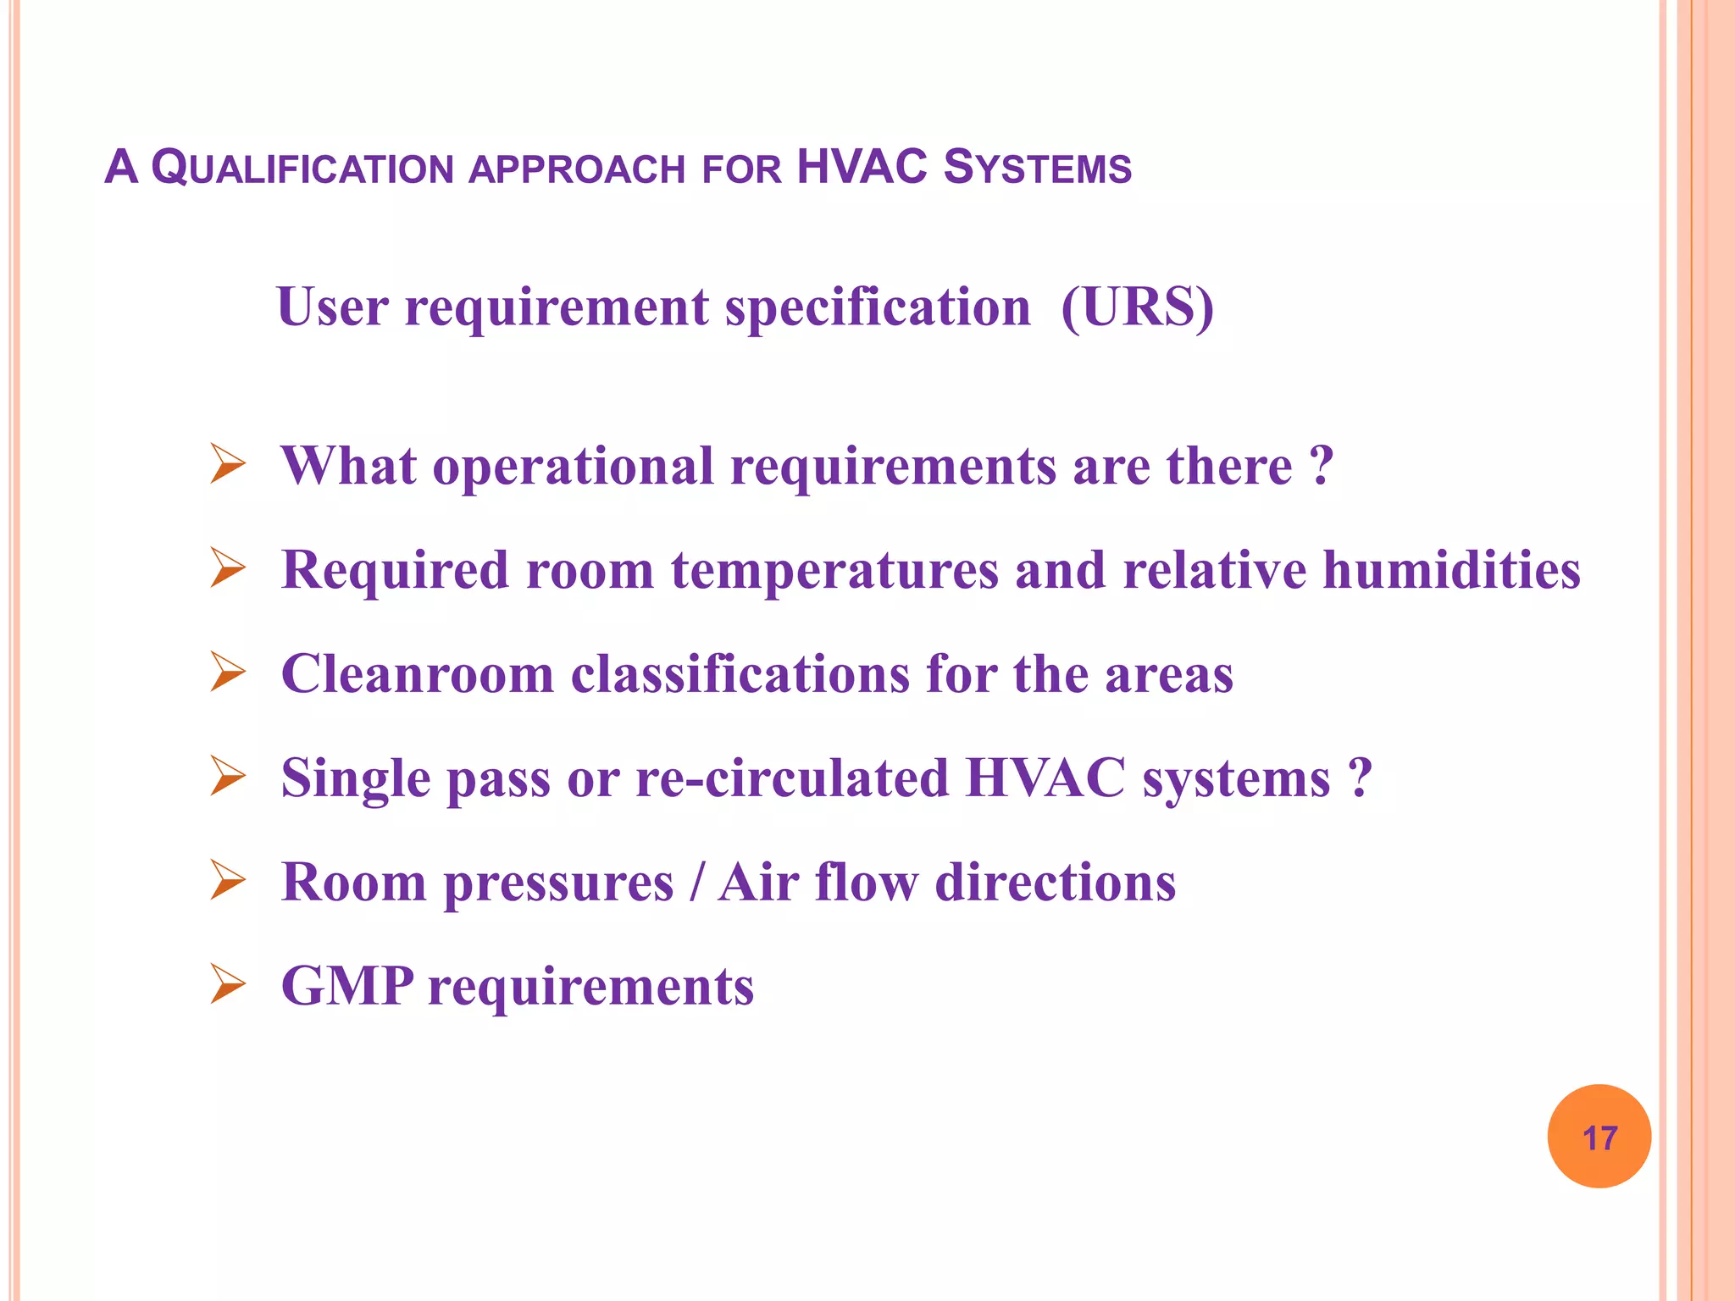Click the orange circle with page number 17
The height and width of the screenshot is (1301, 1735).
point(1599,1137)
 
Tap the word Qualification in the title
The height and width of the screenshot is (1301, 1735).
point(303,168)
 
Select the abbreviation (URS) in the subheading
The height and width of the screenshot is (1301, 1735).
point(1137,307)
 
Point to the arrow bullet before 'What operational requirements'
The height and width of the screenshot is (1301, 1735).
point(227,465)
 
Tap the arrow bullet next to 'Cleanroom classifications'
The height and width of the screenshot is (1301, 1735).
point(227,673)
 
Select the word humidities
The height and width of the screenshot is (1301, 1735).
point(1451,569)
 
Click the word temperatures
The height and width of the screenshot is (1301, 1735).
point(834,571)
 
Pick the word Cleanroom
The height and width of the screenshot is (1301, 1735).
point(417,674)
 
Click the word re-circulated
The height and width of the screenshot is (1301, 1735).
point(792,778)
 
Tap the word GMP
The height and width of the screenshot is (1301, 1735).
point(347,986)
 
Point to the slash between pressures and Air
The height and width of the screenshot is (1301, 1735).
point(696,883)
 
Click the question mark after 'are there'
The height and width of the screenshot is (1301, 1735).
point(1321,465)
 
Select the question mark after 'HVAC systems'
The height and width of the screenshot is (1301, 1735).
point(1360,778)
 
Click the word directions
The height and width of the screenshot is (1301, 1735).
point(1056,883)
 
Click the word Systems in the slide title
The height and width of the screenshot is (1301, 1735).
point(1037,168)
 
